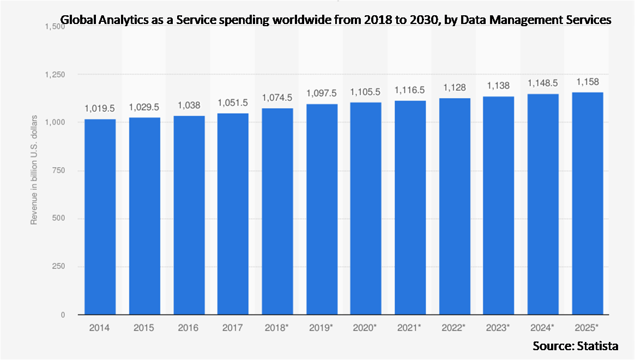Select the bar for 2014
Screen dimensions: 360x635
click(x=100, y=217)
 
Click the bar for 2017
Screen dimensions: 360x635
click(x=233, y=214)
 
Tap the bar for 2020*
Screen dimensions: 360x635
click(x=366, y=208)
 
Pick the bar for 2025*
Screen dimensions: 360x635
click(x=587, y=203)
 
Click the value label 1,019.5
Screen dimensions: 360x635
click(x=100, y=109)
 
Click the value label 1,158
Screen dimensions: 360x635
click(x=587, y=83)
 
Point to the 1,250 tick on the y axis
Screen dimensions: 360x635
click(x=56, y=75)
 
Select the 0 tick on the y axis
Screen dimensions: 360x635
click(x=63, y=315)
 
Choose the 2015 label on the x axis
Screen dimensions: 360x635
click(x=144, y=329)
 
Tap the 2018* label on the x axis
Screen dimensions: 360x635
click(x=277, y=329)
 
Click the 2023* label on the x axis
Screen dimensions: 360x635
click(x=499, y=329)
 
